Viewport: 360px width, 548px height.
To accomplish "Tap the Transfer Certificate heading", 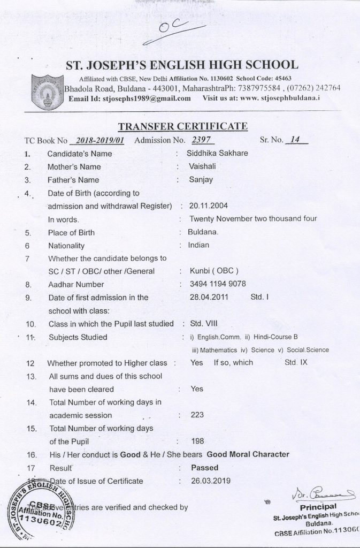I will tap(182, 126).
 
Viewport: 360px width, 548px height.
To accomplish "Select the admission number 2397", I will tap(198, 141).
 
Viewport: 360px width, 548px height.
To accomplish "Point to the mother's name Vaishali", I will tap(203, 166).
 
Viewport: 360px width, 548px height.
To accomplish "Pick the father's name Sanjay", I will tap(201, 180).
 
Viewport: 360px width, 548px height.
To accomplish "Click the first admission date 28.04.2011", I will tap(208, 297).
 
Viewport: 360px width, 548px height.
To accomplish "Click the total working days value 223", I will tap(197, 415).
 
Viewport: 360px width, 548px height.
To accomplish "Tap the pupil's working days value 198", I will tap(197, 442).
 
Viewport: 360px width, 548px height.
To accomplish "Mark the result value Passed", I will tap(204, 468).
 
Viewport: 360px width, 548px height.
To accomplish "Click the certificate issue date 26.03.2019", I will tap(210, 481).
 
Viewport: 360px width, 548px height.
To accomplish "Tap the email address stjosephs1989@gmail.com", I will tap(146, 98).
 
